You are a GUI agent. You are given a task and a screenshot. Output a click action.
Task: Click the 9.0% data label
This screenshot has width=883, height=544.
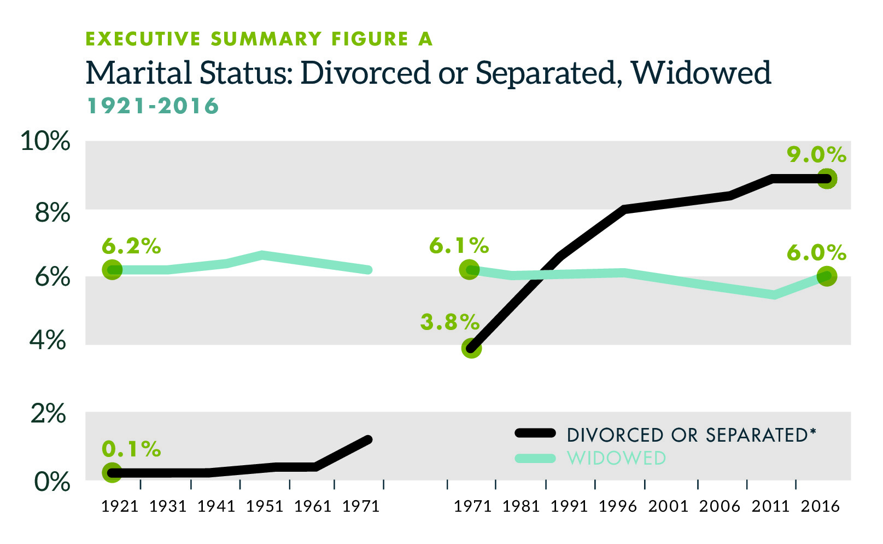[x=816, y=155]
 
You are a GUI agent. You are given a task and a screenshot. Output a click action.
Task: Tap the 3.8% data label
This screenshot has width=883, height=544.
[x=449, y=322]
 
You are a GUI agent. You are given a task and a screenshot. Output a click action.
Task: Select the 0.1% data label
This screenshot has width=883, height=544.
[x=131, y=449]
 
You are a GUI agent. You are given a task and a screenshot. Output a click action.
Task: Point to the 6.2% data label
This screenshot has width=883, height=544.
[x=131, y=247]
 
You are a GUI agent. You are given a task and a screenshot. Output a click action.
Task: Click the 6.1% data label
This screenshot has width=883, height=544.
[x=458, y=246]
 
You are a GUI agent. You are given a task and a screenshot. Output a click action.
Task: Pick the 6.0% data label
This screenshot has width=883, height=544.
[x=816, y=253]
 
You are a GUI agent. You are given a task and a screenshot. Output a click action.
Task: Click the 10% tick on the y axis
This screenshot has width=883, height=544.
[x=45, y=141]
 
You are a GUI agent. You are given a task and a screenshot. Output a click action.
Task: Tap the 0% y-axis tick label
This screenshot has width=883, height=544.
[x=52, y=482]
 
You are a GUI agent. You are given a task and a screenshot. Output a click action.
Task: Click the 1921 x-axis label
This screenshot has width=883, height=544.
[x=120, y=506]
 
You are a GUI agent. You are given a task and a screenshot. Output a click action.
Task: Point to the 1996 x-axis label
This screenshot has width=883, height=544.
[x=617, y=506]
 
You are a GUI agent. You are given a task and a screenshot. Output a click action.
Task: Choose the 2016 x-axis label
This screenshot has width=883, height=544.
[x=820, y=506]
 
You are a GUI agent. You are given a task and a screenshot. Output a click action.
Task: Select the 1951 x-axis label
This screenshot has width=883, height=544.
[x=265, y=506]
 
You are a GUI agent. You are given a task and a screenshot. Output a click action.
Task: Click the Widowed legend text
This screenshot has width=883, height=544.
[x=616, y=458]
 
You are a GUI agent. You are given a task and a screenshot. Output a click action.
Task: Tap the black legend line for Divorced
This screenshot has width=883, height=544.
[x=535, y=433]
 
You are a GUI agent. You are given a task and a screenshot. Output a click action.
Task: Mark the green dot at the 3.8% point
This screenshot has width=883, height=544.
[x=471, y=348]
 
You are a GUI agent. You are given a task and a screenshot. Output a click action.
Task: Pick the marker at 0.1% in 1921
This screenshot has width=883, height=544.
[x=112, y=473]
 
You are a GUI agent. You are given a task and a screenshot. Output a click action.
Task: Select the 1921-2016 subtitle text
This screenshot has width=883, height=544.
[x=153, y=106]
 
